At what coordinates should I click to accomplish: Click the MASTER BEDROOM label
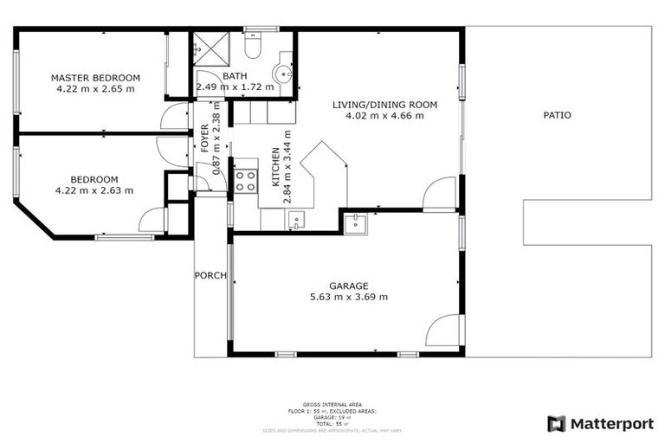(95, 77)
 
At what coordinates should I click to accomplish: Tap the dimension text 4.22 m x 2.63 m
(94, 190)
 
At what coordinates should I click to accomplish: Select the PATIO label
(557, 115)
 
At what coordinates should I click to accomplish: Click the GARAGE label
(348, 286)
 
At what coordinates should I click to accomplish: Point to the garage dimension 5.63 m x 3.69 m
(348, 297)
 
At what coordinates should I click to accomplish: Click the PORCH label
(210, 276)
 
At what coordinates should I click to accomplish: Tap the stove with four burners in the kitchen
(245, 181)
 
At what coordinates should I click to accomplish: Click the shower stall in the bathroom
(210, 48)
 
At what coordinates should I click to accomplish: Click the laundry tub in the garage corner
(355, 223)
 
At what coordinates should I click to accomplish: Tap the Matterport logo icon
(556, 423)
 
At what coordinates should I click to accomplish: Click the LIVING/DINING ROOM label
(384, 105)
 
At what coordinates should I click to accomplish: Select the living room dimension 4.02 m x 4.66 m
(384, 116)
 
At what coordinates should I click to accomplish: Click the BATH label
(234, 76)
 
